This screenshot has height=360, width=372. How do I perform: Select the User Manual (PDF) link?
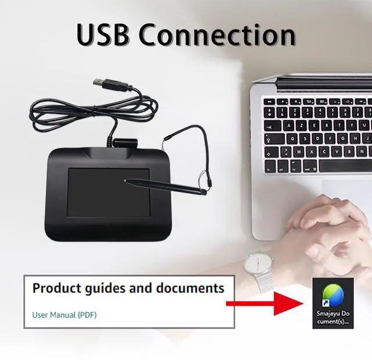64,315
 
